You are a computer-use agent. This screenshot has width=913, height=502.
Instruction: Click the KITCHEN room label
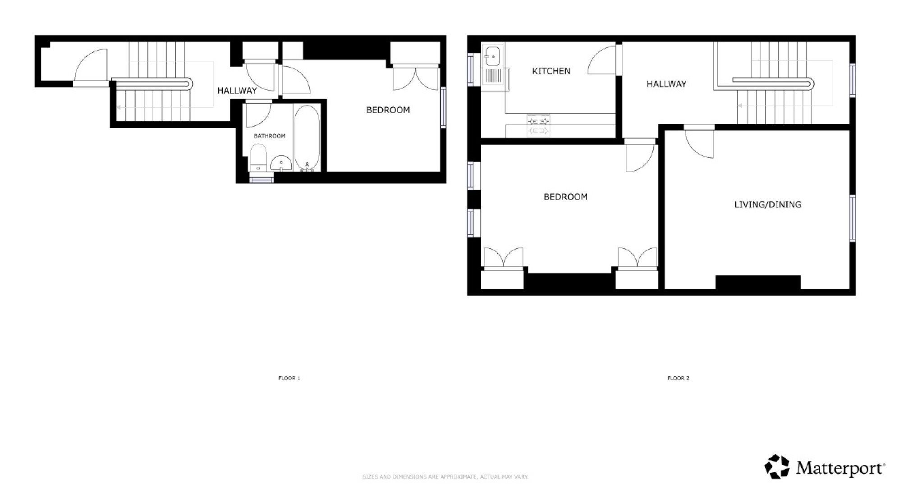[551, 71]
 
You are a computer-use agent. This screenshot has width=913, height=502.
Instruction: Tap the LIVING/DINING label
[767, 205]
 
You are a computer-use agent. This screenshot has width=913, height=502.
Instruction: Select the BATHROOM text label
[270, 136]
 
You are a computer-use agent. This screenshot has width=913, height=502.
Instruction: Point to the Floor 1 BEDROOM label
[388, 110]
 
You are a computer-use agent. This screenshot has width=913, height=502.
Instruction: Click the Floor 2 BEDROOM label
[565, 197]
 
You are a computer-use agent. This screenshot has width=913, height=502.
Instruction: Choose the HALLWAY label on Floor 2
[666, 84]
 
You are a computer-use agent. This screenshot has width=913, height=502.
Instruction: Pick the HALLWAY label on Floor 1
[237, 91]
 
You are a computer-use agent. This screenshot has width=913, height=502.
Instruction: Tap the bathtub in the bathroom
[307, 138]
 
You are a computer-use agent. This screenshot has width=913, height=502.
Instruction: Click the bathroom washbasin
[281, 164]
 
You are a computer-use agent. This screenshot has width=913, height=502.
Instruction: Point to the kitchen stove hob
[538, 126]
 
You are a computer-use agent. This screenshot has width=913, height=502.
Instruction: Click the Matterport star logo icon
[777, 466]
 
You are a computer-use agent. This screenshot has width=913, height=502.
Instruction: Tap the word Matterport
[840, 469]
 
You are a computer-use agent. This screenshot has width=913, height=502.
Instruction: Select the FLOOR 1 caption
[289, 378]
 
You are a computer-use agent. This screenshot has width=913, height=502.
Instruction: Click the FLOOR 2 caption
[678, 378]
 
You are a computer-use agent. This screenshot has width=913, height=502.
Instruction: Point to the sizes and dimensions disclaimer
[445, 477]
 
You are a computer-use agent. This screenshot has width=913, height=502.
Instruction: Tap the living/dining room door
[699, 143]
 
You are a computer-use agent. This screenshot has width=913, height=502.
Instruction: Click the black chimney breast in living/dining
[758, 282]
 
